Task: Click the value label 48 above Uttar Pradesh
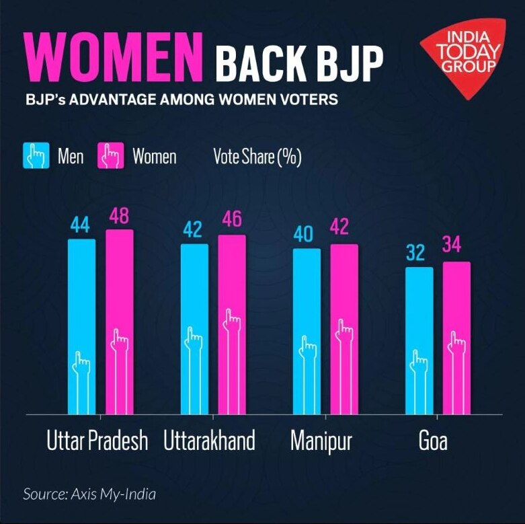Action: pyautogui.click(x=119, y=217)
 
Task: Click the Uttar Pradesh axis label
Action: pyautogui.click(x=97, y=442)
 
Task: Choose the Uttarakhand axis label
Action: pyautogui.click(x=210, y=442)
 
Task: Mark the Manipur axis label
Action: pyautogui.click(x=321, y=442)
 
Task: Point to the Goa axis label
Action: pyautogui.click(x=433, y=442)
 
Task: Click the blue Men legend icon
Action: pyautogui.click(x=36, y=157)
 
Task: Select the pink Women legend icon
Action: pyautogui.click(x=111, y=157)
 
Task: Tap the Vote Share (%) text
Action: pyautogui.click(x=257, y=157)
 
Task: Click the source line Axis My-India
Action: pyautogui.click(x=89, y=494)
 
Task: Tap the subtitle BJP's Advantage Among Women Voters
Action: pyautogui.click(x=181, y=100)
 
